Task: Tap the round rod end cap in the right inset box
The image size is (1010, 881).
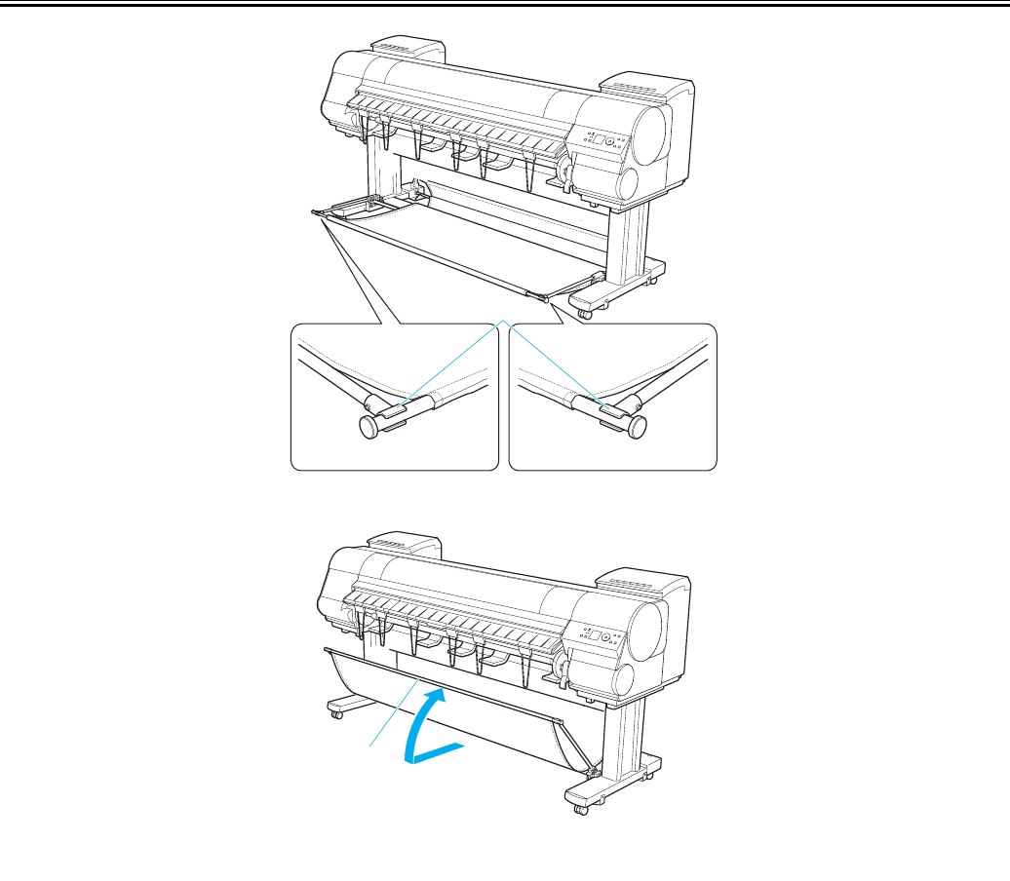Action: pos(639,426)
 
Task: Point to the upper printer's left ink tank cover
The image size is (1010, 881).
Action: pos(407,49)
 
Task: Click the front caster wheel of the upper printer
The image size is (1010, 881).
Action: pos(585,312)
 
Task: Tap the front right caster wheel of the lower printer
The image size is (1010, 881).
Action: pos(582,808)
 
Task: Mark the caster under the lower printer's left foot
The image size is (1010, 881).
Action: pos(336,714)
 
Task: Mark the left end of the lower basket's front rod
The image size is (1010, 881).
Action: pos(325,646)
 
